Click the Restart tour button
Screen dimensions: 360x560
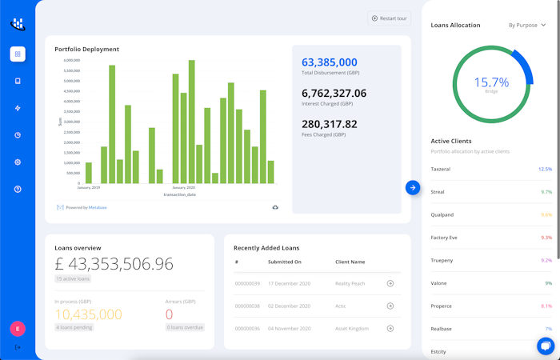[389, 18]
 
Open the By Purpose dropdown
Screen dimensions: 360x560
[527, 25]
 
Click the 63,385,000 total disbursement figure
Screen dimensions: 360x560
[330, 62]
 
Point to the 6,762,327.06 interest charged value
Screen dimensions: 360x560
[334, 93]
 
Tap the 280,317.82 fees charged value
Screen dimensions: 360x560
[330, 123]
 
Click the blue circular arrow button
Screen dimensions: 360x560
[413, 187]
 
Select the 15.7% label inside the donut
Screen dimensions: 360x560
[491, 82]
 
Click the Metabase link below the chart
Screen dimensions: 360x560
[97, 207]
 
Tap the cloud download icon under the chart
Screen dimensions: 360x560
[275, 207]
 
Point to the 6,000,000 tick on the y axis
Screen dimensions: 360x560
[71, 60]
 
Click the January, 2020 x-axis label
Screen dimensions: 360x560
[184, 187]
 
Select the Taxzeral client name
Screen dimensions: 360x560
[442, 169]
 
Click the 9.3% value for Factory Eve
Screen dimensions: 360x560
[546, 238]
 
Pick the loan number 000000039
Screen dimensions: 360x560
[247, 283]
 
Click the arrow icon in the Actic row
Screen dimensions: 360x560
[390, 306]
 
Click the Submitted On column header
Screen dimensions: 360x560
[285, 262]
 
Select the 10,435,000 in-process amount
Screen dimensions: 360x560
[88, 314]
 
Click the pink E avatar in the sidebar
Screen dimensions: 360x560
[18, 328]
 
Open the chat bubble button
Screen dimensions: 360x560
[546, 346]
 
